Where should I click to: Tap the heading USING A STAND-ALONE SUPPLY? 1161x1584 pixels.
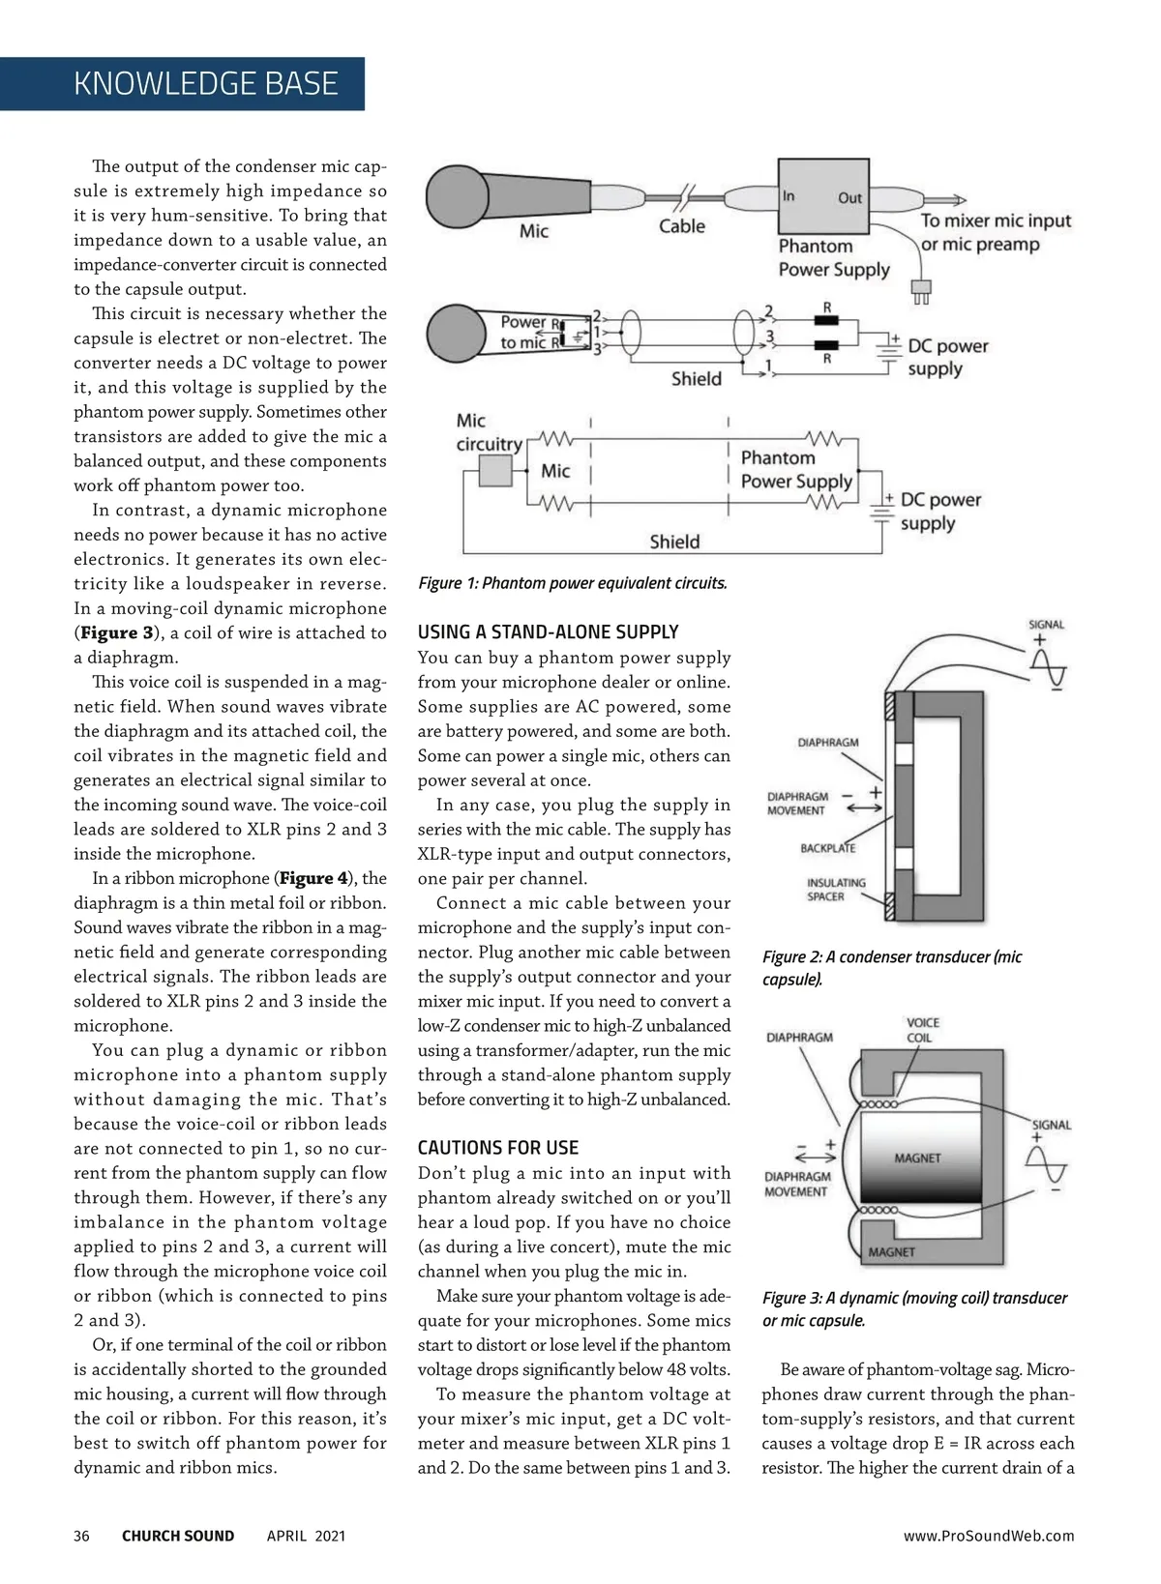(x=548, y=632)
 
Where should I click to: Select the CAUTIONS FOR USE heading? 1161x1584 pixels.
(x=498, y=1148)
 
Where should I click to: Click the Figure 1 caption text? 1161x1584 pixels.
(x=573, y=583)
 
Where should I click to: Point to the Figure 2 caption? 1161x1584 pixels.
(x=891, y=968)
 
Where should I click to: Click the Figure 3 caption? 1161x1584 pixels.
(x=914, y=1309)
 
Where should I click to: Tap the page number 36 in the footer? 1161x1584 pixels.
(x=81, y=1536)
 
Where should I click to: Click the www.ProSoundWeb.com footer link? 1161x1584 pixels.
(x=989, y=1536)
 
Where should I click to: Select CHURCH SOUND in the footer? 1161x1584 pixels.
(x=178, y=1536)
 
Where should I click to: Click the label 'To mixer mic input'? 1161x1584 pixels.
(x=996, y=220)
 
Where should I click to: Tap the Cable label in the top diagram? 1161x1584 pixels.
(x=682, y=226)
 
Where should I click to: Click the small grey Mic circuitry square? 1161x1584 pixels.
(x=495, y=471)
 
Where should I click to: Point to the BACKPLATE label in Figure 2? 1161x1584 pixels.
(x=827, y=848)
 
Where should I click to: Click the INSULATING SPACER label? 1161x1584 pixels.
(x=836, y=890)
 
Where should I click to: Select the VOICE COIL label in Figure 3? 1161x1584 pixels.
(x=922, y=1030)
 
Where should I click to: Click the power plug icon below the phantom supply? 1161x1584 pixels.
(x=921, y=290)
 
